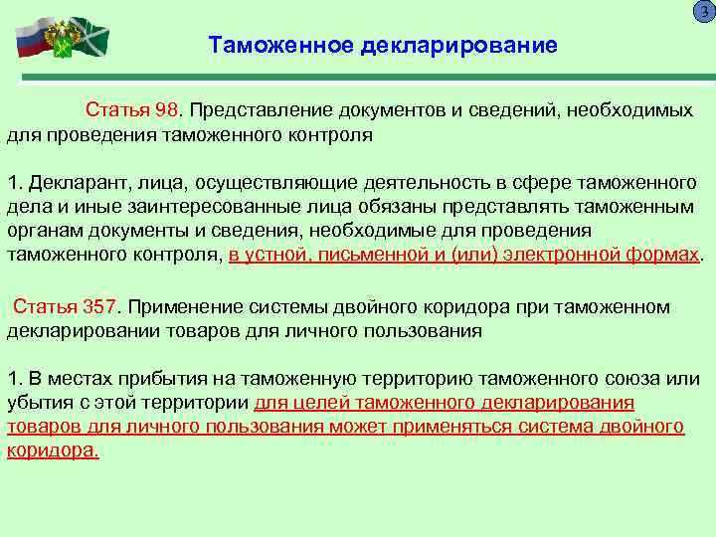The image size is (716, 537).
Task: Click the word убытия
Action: coord(37,403)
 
